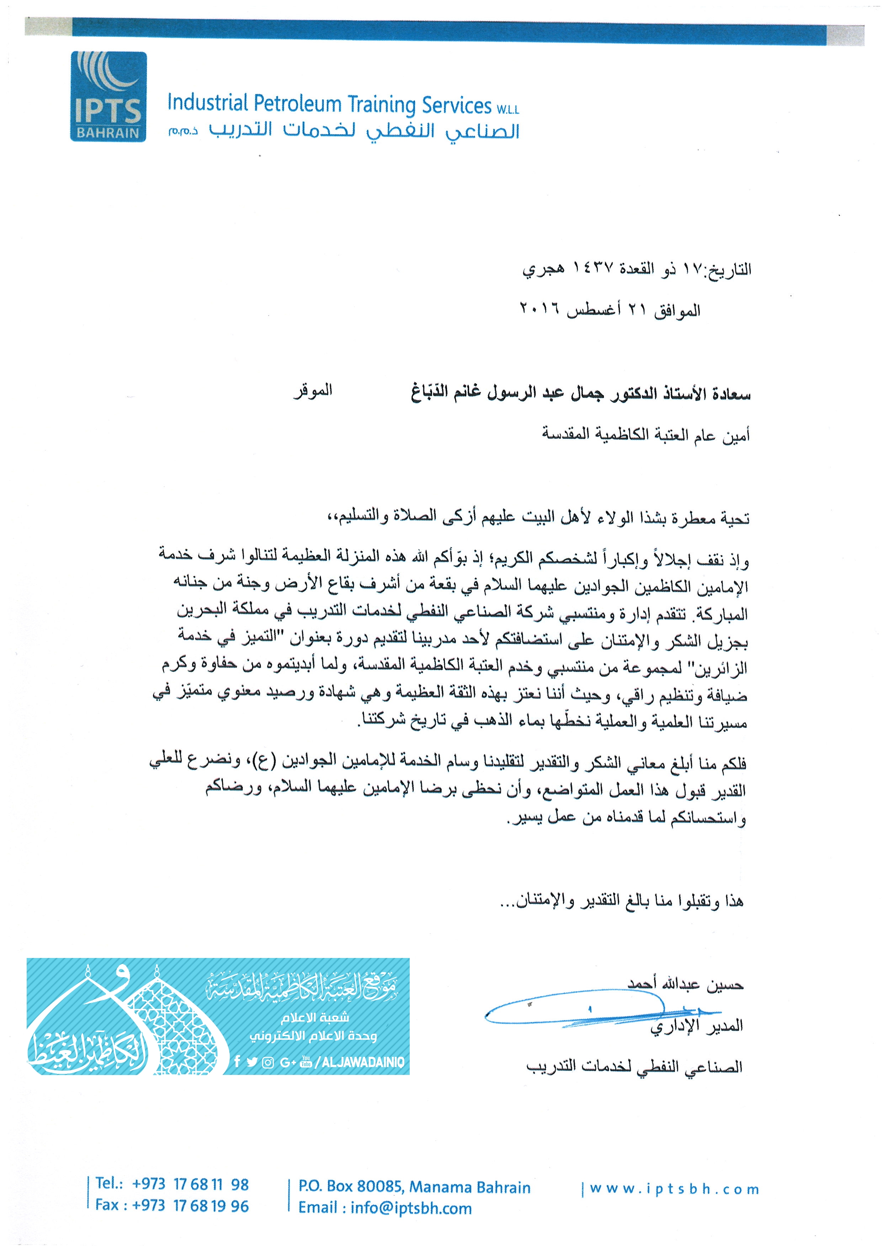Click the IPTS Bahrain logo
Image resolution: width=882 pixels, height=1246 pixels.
pos(108,97)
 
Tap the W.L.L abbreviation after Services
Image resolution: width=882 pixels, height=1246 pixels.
pos(507,109)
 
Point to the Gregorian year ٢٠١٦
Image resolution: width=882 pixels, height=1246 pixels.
pos(540,310)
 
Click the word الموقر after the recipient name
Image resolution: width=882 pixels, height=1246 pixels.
pos(313,391)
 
